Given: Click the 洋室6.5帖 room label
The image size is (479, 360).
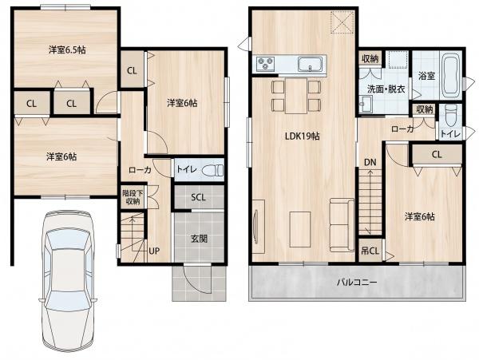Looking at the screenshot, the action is point(67,49).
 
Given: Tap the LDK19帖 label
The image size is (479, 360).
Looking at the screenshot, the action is point(302,136).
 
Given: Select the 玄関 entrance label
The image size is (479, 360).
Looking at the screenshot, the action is point(199,239).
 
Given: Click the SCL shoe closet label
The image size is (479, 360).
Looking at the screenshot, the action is point(199,197).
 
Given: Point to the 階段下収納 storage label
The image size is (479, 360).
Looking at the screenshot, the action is point(131,197).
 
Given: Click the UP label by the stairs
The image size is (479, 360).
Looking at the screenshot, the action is point(154,251).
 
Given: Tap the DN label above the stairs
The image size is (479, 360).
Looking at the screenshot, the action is point(370,163).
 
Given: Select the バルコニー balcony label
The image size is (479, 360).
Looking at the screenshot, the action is point(357,282).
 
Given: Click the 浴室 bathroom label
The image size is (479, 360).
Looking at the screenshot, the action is point(426,76).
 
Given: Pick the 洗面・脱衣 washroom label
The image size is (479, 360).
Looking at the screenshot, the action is point(386,89).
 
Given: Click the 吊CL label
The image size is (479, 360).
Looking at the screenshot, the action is point(370,251).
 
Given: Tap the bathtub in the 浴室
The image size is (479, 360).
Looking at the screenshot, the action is point(451,74).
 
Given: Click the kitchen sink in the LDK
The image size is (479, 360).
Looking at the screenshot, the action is point(310,64).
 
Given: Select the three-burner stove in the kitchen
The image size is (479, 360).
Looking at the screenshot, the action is point(266,64).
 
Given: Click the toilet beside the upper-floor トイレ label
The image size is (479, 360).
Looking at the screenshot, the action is point(451,116).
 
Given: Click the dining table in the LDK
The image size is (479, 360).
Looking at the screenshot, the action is point(296,96).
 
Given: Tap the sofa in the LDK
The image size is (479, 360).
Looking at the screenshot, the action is point(342,225).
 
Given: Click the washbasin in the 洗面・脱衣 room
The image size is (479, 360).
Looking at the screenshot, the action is point(366,104).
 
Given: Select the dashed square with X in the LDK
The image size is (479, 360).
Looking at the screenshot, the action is point(342,22).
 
